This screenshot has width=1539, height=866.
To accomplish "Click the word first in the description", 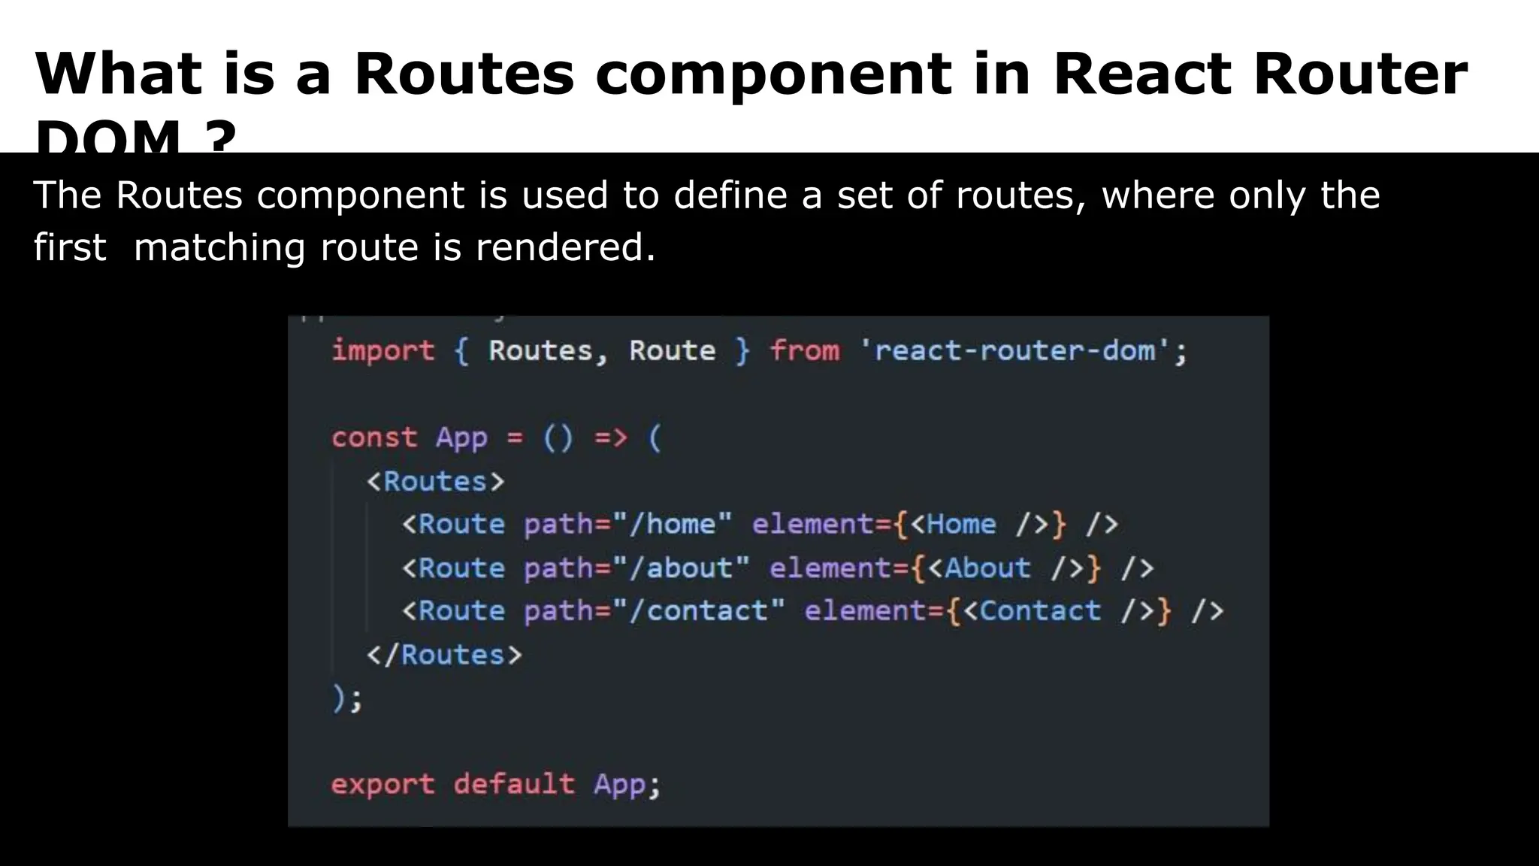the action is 70,247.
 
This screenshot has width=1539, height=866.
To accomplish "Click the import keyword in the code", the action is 383,351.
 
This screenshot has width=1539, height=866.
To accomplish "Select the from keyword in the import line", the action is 805,351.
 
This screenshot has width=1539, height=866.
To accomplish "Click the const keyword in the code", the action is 374,438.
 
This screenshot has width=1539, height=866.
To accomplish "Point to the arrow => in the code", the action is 610,438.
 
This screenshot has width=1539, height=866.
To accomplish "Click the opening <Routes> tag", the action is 435,481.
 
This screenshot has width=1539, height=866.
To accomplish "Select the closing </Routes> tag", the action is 443,655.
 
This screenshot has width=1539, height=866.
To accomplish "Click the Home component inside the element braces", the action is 961,524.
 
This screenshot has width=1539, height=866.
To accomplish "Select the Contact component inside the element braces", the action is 1040,610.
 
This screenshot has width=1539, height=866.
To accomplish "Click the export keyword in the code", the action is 382,784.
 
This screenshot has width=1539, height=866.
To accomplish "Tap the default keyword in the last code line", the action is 514,784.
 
